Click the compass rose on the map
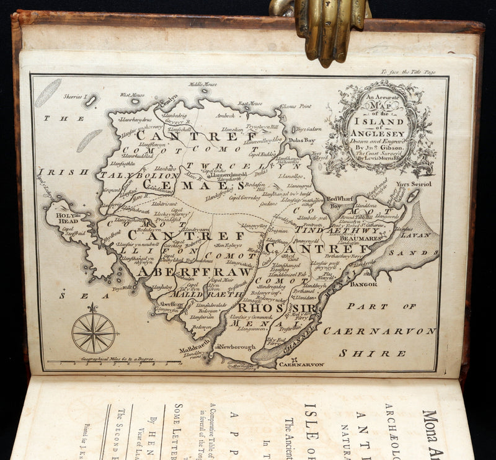94,332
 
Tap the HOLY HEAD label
68,219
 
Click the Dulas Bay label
303,141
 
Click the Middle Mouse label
203,84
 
